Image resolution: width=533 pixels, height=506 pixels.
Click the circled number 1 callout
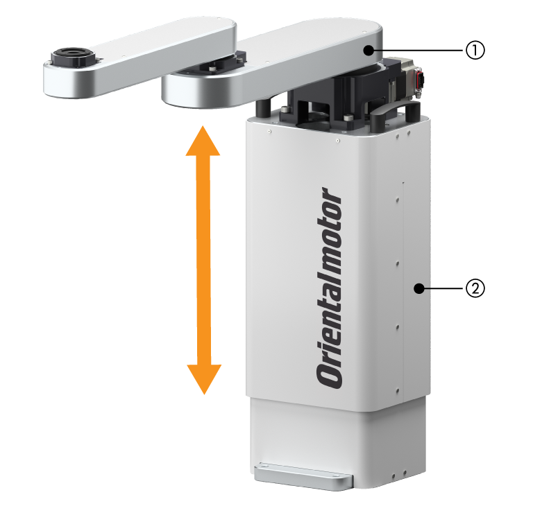(x=475, y=51)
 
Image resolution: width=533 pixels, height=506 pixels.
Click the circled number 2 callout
(x=475, y=288)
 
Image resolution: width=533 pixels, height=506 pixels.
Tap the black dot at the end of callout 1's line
(x=368, y=51)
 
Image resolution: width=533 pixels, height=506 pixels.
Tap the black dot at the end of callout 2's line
(x=419, y=288)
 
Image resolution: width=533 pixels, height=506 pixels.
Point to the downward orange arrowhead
(x=204, y=379)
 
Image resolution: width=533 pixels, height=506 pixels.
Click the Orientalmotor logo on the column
(x=328, y=288)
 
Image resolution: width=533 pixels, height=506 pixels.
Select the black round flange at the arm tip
(x=72, y=56)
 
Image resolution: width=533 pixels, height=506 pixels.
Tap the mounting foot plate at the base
(x=303, y=476)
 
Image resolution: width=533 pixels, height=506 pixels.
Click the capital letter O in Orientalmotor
(x=329, y=376)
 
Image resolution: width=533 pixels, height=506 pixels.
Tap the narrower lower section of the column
(x=337, y=442)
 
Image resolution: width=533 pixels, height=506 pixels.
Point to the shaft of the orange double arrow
(x=203, y=260)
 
